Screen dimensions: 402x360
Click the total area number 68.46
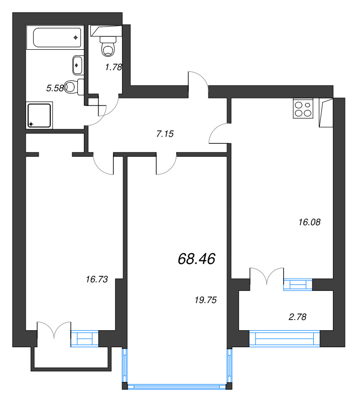click(x=196, y=259)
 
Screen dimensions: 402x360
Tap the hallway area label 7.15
click(x=165, y=134)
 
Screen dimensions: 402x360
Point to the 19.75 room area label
click(x=205, y=300)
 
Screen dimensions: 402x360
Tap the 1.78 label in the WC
click(x=113, y=66)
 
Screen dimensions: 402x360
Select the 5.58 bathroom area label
click(x=55, y=88)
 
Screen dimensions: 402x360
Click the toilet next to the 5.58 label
click(x=74, y=87)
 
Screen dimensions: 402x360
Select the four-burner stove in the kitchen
click(x=303, y=109)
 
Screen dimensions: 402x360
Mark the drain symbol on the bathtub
click(x=75, y=37)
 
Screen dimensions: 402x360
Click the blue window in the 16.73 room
click(x=84, y=339)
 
